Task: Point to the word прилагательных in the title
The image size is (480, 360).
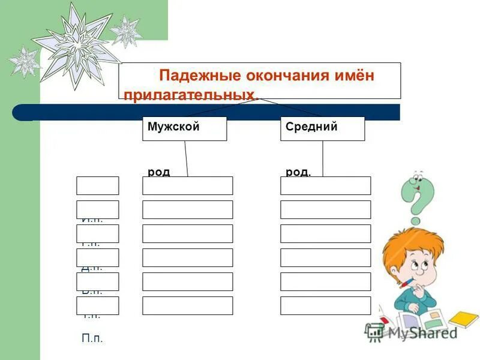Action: click(188, 95)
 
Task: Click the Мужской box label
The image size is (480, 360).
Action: click(173, 127)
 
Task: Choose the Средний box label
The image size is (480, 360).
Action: click(311, 127)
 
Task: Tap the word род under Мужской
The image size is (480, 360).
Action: click(158, 172)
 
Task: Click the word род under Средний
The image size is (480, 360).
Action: click(298, 172)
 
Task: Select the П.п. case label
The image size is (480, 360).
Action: click(92, 338)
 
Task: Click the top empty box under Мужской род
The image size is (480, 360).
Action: click(187, 186)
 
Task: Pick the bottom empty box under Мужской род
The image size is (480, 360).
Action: click(187, 305)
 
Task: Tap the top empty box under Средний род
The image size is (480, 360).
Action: click(325, 186)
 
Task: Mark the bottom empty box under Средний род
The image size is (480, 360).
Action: click(325, 305)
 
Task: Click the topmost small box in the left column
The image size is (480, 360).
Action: click(97, 186)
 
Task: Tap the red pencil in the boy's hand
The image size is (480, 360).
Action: click(407, 282)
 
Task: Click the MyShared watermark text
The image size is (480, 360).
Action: click(420, 332)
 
